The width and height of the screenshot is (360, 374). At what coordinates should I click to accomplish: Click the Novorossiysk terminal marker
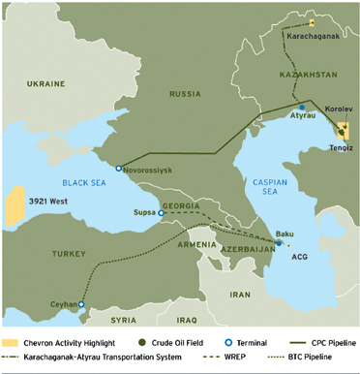[x=119, y=169]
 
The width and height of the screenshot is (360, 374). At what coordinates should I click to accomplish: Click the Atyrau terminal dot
[x=302, y=108]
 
